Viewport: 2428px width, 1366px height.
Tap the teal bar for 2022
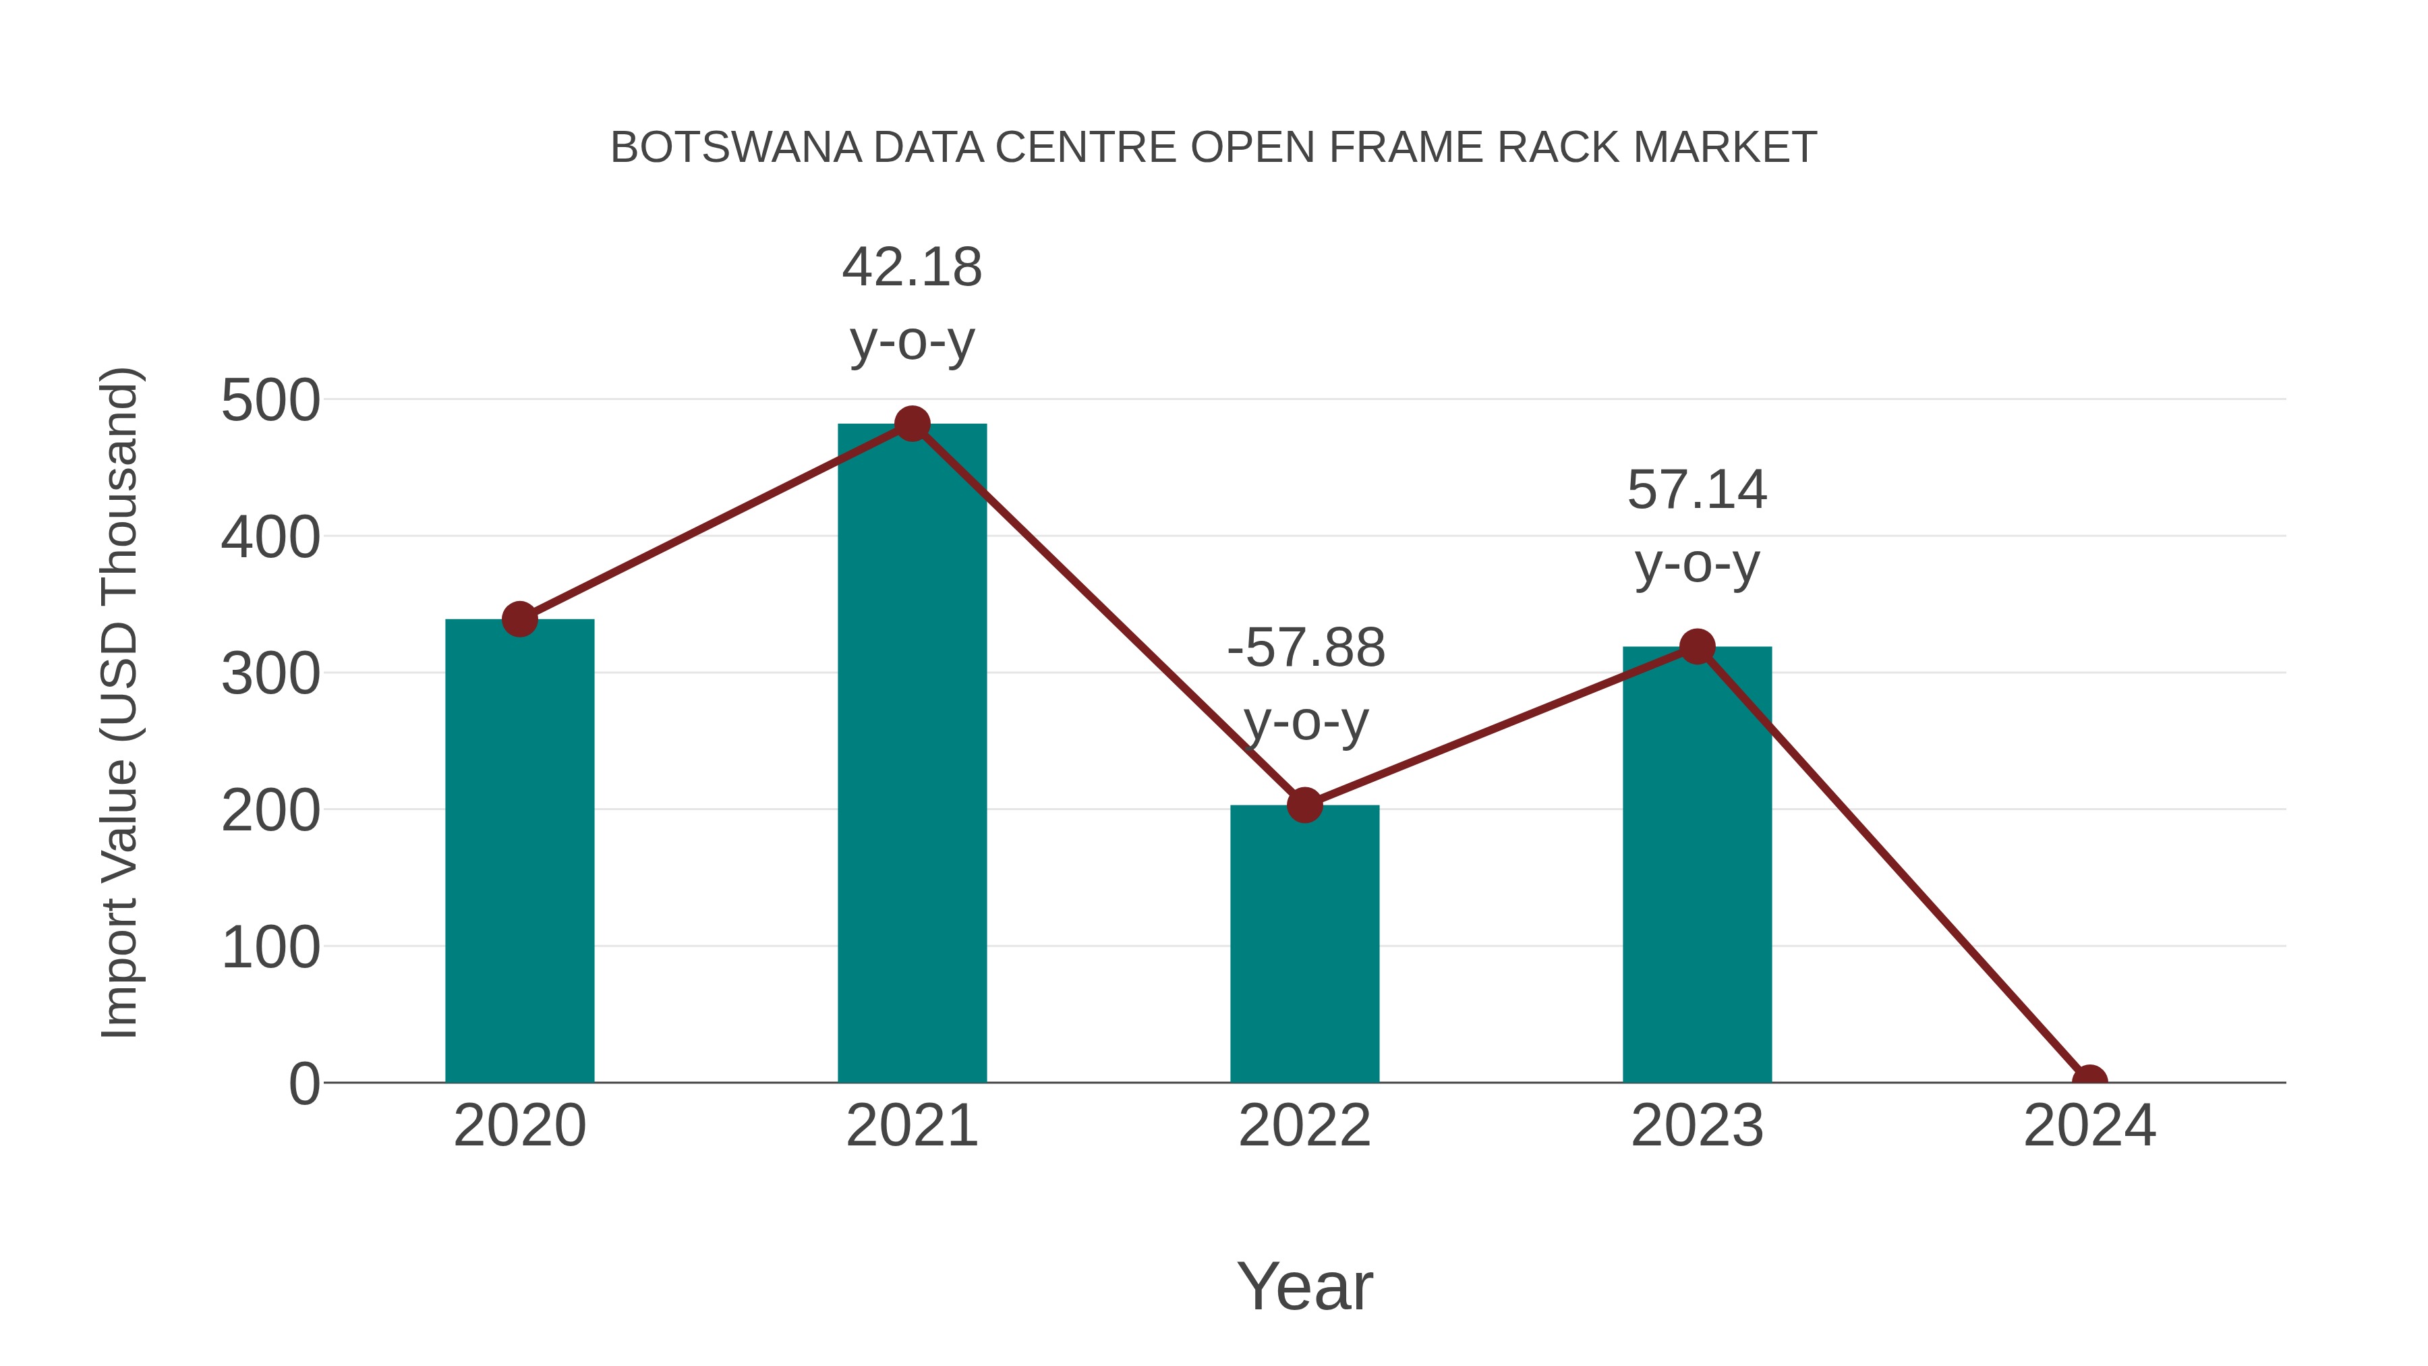[x=1304, y=943]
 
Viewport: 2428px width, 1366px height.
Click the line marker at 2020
[x=519, y=619]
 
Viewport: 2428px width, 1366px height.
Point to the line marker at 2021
[x=911, y=424]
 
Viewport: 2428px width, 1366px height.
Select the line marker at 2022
[x=1304, y=805]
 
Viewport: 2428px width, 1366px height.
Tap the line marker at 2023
[x=1697, y=647]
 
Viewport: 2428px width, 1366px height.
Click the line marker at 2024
[x=2089, y=1081]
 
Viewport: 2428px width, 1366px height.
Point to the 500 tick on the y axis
[x=270, y=401]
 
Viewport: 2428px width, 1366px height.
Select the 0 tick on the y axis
[x=303, y=1084]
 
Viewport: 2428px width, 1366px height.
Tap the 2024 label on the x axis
[x=2089, y=1126]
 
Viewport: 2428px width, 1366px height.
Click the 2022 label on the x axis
[x=1304, y=1126]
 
